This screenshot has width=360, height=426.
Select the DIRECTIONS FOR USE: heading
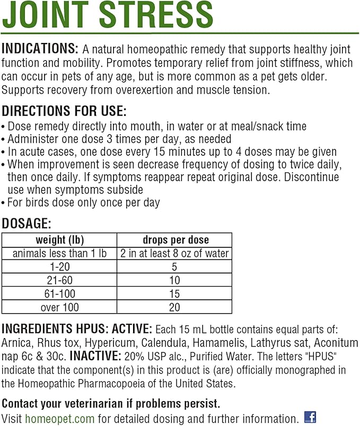point(64,112)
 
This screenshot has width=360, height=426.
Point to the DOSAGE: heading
point(27,224)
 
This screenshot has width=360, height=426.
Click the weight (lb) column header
point(59,239)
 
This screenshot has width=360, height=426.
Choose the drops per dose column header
point(175,239)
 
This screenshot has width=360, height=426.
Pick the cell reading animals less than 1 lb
point(59,253)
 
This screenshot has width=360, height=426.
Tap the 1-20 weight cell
point(59,267)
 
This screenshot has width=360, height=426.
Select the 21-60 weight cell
point(59,280)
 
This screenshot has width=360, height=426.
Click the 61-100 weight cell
point(59,294)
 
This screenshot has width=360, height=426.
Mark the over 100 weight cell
point(59,307)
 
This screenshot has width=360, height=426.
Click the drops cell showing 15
point(174,294)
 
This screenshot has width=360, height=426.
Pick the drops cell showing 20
point(174,307)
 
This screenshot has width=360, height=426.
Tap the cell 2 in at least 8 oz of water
point(174,253)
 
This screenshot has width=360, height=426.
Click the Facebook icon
point(310,417)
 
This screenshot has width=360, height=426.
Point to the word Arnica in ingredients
point(18,343)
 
